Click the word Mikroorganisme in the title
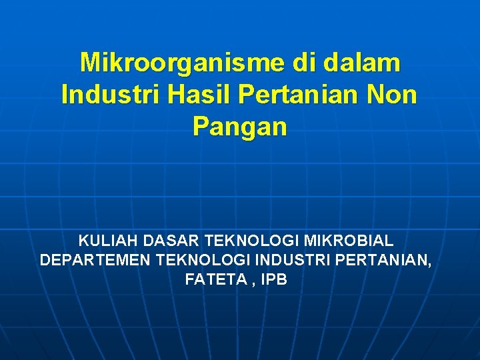[x=182, y=63]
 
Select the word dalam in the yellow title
[x=363, y=63]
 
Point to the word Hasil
[x=197, y=95]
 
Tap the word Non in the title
[x=393, y=95]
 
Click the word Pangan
[x=240, y=126]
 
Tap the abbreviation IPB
[x=274, y=280]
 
